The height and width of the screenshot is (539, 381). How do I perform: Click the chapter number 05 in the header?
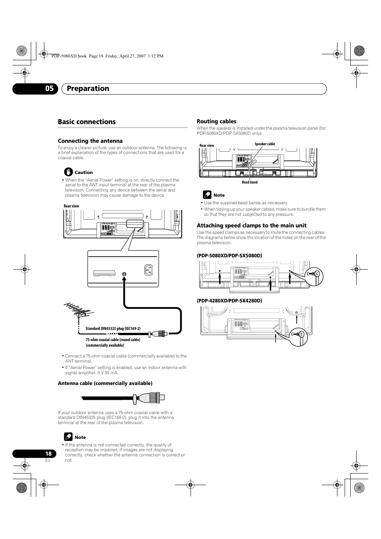(x=49, y=89)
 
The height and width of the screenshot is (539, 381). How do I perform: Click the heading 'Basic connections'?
(x=87, y=122)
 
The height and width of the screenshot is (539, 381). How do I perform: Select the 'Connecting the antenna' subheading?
(x=90, y=141)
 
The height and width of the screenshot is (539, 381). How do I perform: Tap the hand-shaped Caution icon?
(x=69, y=172)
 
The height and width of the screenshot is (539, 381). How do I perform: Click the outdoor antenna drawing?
(x=78, y=313)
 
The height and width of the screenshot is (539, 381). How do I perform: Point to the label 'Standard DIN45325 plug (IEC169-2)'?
(x=113, y=329)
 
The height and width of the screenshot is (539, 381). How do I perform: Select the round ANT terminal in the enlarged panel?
(x=124, y=274)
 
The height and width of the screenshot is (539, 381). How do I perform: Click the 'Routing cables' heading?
(x=216, y=121)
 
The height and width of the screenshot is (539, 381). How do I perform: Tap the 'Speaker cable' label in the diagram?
(x=265, y=144)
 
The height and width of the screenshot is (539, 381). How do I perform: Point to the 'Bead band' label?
(x=250, y=182)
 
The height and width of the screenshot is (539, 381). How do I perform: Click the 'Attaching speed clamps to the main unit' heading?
(x=252, y=225)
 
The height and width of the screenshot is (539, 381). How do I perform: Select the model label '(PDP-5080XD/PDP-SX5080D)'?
(x=229, y=255)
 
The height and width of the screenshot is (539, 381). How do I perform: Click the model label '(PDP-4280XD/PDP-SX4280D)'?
(x=229, y=300)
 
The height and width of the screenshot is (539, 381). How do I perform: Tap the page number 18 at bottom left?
(x=48, y=454)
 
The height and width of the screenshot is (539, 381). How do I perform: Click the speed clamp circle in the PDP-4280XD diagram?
(x=299, y=335)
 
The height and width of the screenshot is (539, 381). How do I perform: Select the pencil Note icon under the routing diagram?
(x=207, y=195)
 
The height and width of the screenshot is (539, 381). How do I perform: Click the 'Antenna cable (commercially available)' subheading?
(x=105, y=383)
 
